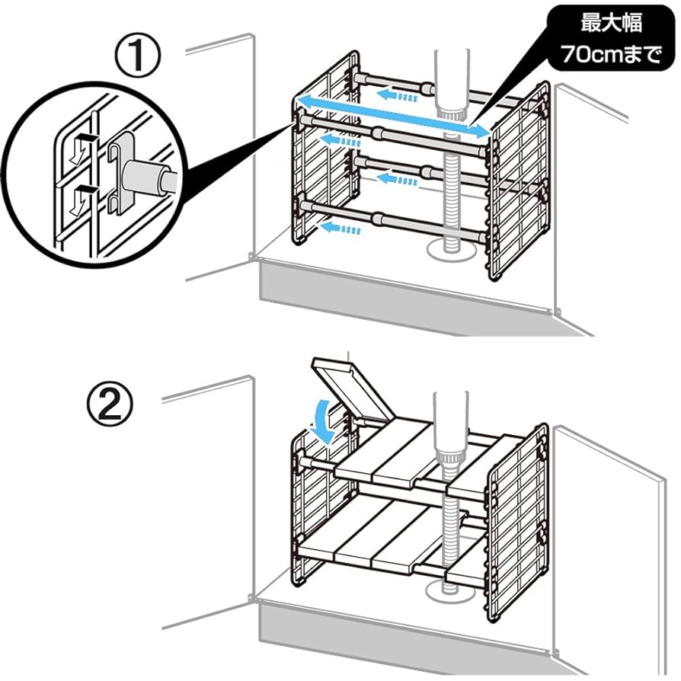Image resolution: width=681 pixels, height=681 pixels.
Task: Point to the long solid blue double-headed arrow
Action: click(392, 116)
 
